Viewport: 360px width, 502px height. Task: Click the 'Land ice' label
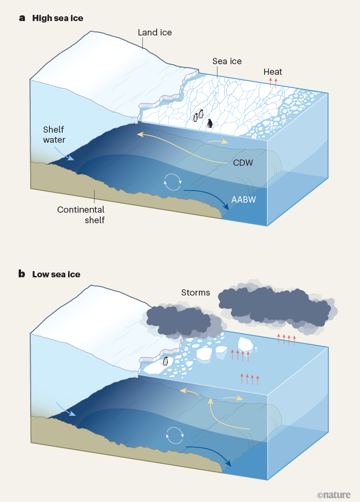(154, 33)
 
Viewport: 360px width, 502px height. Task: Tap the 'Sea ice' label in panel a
(227, 61)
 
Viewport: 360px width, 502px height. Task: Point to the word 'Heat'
(273, 72)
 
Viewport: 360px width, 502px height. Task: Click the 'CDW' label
(244, 163)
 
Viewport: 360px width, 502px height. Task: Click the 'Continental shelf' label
(81, 215)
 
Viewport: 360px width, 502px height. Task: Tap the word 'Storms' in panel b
(196, 292)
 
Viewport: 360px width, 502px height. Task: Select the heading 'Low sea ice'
(56, 274)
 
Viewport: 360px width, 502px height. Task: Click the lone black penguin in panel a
(210, 123)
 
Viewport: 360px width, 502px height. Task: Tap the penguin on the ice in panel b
(166, 361)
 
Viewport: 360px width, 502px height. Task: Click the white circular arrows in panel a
(173, 181)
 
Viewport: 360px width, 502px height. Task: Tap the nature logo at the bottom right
(334, 494)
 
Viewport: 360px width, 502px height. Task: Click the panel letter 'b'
(22, 274)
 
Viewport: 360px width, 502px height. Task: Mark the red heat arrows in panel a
(273, 81)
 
